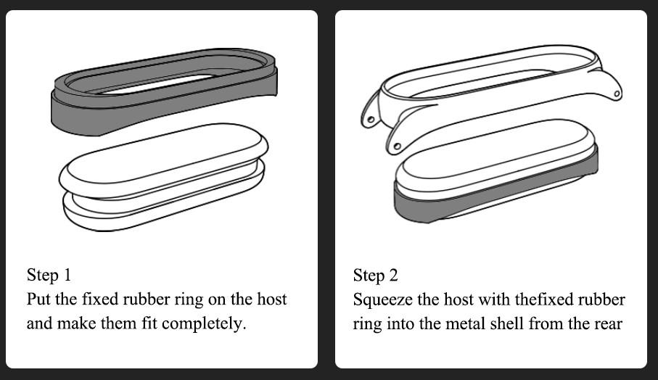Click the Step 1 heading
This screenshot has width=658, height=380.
[49, 275]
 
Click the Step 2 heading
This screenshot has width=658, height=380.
[375, 276]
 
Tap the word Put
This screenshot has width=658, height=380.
[39, 300]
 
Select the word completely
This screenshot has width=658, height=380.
[204, 324]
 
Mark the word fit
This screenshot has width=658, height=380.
[149, 323]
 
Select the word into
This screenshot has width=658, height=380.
[400, 323]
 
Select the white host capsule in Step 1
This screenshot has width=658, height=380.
[164, 178]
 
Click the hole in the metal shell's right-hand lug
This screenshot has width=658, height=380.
[617, 93]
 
